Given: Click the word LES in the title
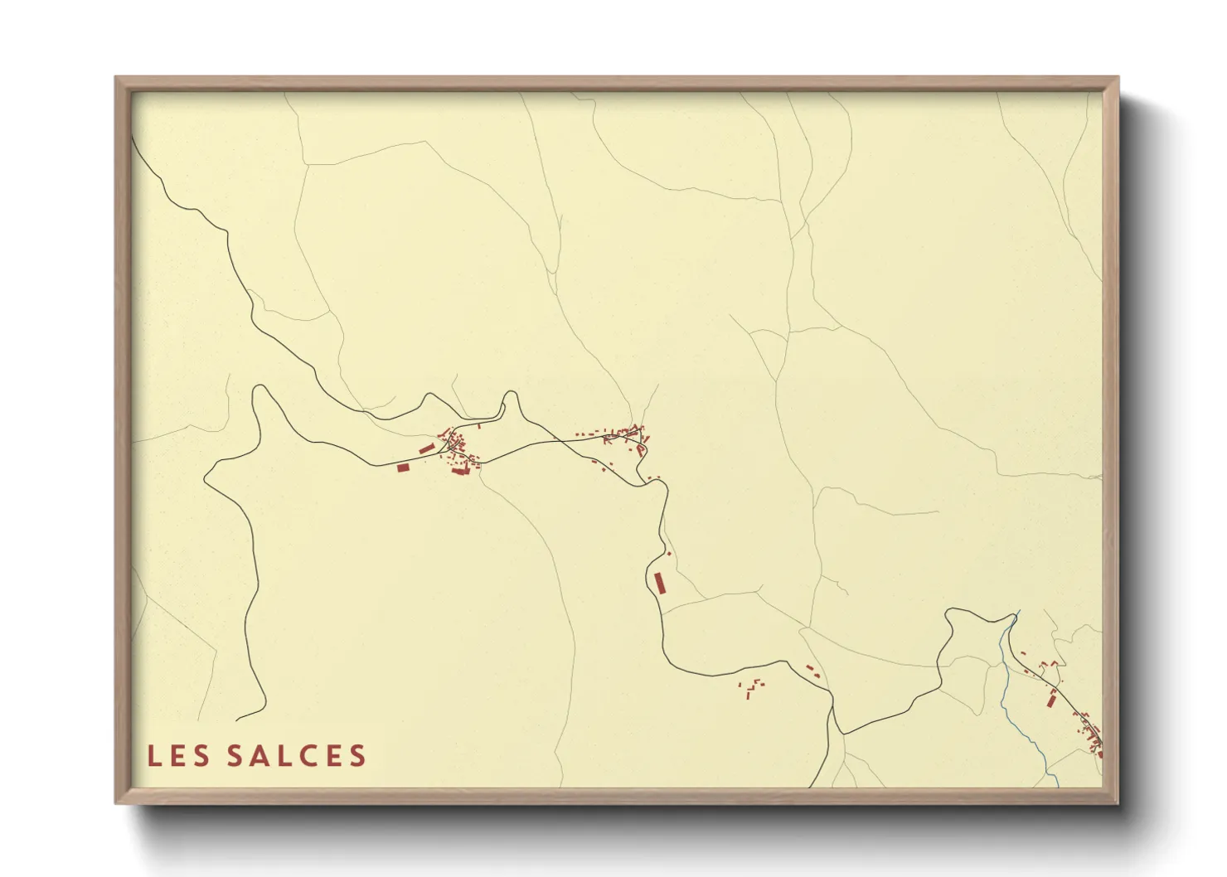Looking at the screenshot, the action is pos(178,756).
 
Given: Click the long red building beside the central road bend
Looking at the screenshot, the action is pos(660,583).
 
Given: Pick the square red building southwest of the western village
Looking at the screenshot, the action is pos(404,468).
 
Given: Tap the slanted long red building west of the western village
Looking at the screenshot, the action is pos(426,448).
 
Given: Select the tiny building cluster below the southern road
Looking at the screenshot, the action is pos(752,688).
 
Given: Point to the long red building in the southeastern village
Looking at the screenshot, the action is pos(1052,699).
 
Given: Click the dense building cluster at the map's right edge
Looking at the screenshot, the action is pos(1093,738).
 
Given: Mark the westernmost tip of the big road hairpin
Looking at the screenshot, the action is pos(205,477).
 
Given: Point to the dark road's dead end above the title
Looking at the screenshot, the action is pos(237,720).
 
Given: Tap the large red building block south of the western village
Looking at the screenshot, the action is pos(459,471).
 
